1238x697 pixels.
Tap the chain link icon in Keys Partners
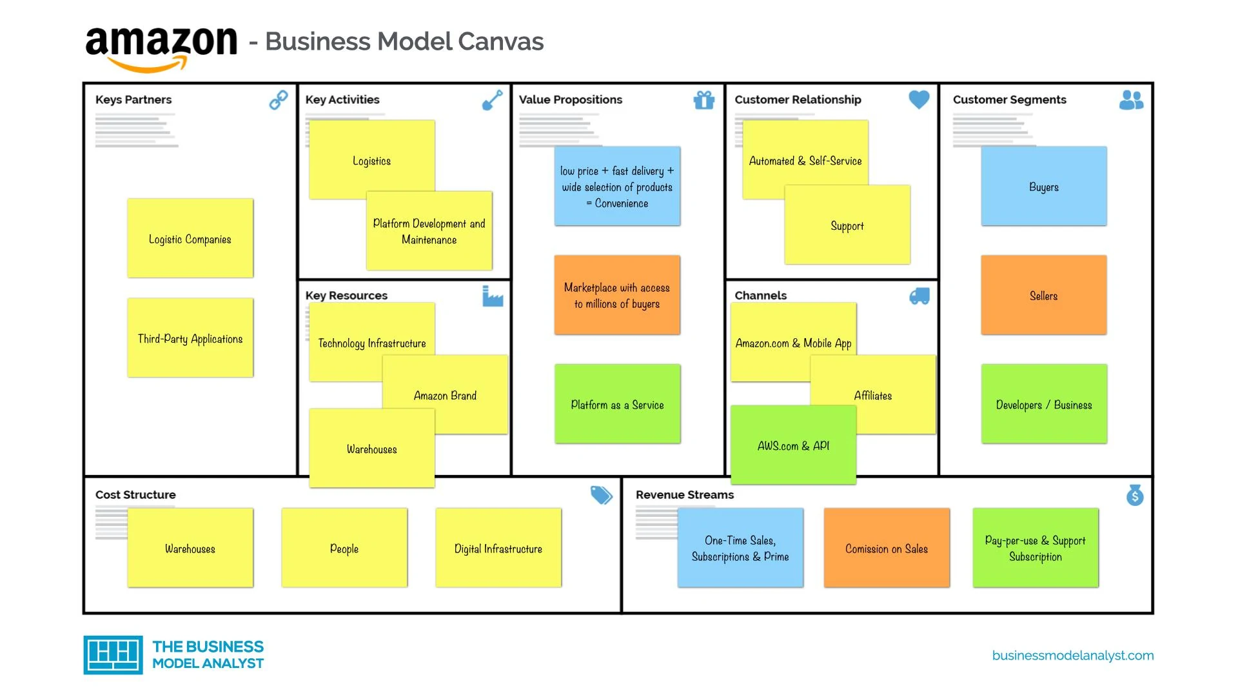tap(279, 100)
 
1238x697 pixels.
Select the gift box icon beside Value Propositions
tap(703, 100)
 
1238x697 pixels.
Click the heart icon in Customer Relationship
tap(919, 99)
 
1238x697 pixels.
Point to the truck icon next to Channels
tap(919, 296)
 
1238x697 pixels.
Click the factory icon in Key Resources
tap(493, 296)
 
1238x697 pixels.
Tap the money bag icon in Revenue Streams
tap(1135, 495)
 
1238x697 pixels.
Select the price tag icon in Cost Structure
tap(601, 495)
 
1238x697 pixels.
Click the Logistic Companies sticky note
tap(190, 239)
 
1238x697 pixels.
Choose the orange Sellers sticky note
tap(1043, 296)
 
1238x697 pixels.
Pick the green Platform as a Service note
tap(617, 405)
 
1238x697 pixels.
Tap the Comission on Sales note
tap(887, 549)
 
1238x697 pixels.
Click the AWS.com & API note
tap(793, 446)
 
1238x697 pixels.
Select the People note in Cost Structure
tap(344, 549)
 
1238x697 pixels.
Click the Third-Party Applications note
tap(190, 338)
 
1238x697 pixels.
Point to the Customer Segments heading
tap(1009, 99)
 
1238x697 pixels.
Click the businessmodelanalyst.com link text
tap(1072, 656)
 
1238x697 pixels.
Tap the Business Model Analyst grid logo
tap(113, 654)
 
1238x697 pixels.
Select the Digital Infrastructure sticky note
tap(498, 549)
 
